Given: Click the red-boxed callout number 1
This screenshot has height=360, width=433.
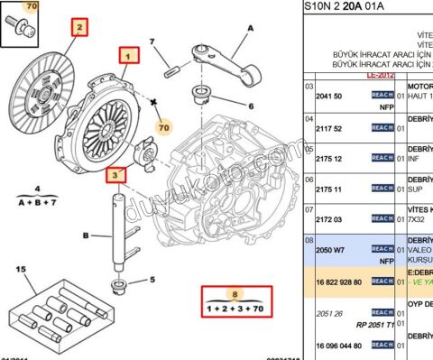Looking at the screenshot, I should pos(129,56).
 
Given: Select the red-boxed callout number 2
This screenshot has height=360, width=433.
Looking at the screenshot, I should pos(79,28).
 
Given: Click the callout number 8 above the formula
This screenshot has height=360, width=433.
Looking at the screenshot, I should pos(236,293).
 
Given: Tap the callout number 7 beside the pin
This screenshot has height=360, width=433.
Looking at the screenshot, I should pos(153,42).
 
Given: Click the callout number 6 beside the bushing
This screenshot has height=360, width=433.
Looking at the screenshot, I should pos(226,106).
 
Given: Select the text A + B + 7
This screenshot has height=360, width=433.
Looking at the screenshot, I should pos(38,202).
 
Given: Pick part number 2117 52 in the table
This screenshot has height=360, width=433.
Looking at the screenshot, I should pos(330,128).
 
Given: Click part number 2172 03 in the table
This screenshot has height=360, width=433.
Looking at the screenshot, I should pos(330,219).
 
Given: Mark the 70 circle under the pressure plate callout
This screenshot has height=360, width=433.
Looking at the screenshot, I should pos(163,127).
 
